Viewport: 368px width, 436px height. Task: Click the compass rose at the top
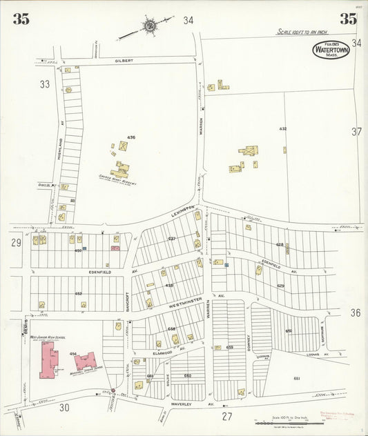(x=148, y=26)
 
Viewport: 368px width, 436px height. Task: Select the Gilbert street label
(x=124, y=61)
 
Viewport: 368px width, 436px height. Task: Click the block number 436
(x=131, y=137)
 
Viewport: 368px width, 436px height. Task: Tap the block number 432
(x=282, y=129)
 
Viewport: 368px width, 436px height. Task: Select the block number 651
(x=297, y=379)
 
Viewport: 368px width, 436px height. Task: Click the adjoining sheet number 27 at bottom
(x=226, y=417)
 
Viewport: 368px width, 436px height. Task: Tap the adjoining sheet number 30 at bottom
(x=64, y=408)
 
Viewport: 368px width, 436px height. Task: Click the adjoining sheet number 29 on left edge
(x=16, y=243)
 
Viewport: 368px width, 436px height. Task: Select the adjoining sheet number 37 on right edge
(x=356, y=131)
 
